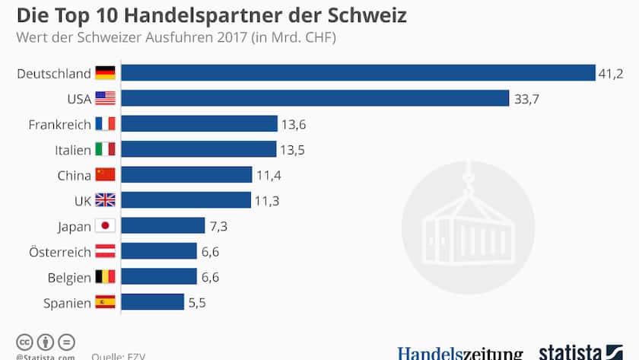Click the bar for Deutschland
358,73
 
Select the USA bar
315,98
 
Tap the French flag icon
105,124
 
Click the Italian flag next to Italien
105,149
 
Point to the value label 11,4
269,175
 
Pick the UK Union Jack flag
105,200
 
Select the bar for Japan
163,226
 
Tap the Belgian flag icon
105,276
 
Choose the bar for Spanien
152,302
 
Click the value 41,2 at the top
612,73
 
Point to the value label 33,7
526,98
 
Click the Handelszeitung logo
459,353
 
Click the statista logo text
571,353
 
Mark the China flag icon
105,175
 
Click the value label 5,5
197,302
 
